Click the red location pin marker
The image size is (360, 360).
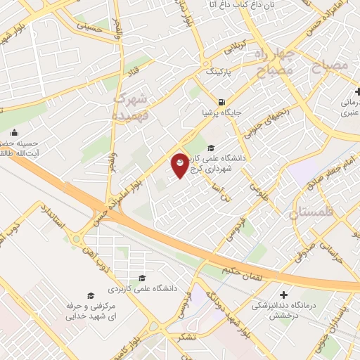pyautogui.click(x=180, y=165)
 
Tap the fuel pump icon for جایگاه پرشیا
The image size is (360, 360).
pyautogui.click(x=221, y=101)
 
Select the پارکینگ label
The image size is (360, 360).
pyautogui.click(x=217, y=72)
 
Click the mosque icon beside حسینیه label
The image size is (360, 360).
pyautogui.click(x=14, y=133)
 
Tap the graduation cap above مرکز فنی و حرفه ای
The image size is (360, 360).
pyautogui.click(x=89, y=295)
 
